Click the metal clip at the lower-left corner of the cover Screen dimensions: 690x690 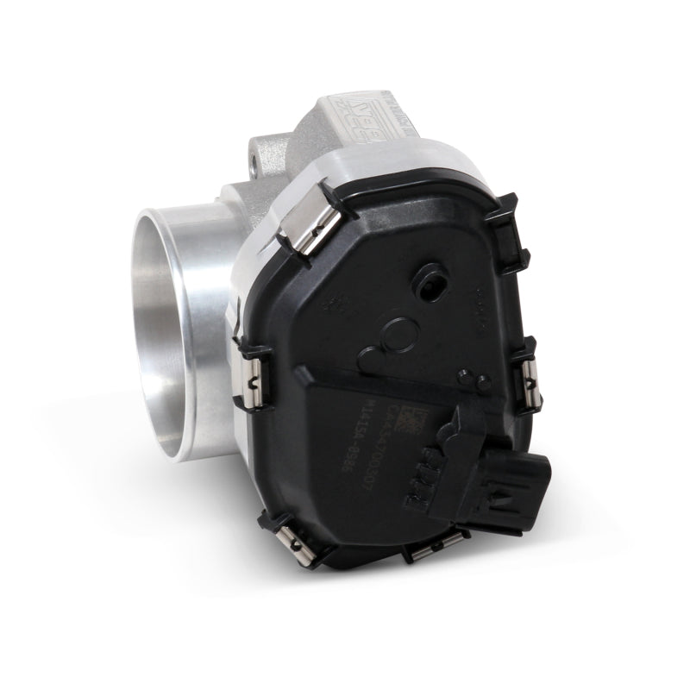click(291, 534)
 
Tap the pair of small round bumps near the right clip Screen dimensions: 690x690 click(473, 380)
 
